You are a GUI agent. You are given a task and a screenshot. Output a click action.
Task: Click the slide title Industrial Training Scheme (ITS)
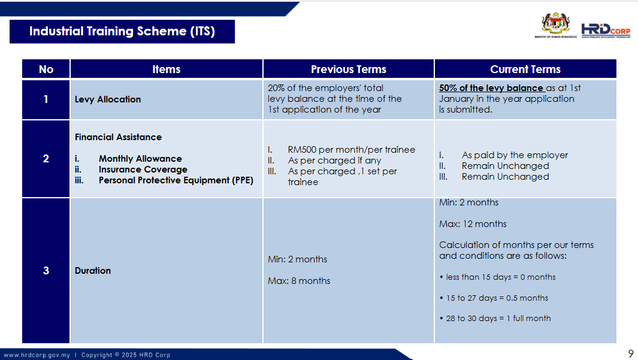point(122,31)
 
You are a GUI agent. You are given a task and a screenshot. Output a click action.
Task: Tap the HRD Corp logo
point(606,31)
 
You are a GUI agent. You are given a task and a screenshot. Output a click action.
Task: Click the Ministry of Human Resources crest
point(555,25)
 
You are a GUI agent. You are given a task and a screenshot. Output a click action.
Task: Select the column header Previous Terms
point(349,69)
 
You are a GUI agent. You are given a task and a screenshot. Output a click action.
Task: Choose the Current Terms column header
point(525,69)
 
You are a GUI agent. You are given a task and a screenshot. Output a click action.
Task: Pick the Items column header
point(167,69)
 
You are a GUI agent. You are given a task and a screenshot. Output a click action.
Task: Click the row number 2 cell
point(46,159)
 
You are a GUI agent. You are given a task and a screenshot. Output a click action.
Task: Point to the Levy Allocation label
point(108,99)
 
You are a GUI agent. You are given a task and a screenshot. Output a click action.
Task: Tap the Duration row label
point(93,271)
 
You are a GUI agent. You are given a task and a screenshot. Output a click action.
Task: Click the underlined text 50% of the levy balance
point(491,88)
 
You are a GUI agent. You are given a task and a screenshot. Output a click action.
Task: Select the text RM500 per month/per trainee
point(352,150)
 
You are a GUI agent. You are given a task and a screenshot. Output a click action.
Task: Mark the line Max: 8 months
point(299,281)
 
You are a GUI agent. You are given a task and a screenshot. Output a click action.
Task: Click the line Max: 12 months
point(473,224)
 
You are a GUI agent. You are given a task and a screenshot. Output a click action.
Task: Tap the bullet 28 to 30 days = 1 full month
point(498,318)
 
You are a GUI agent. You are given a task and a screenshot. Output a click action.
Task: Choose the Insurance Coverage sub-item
point(143,170)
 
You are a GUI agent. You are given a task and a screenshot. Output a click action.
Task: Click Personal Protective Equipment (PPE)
point(176,180)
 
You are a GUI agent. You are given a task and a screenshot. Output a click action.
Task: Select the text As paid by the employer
point(515,155)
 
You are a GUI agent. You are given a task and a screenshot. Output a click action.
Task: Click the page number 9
point(631,353)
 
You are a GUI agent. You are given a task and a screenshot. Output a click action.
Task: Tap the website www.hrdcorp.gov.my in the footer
point(37,355)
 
